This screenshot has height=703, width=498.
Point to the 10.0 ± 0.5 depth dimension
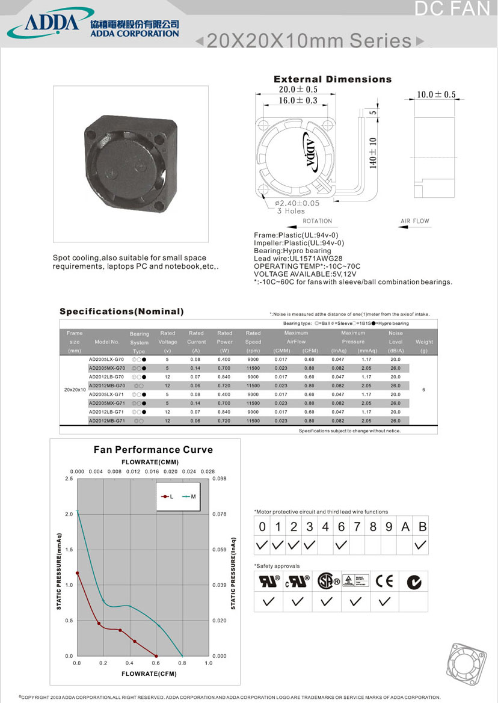click(436, 94)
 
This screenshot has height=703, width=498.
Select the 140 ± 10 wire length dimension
click(373, 153)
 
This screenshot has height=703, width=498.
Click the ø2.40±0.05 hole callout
click(298, 203)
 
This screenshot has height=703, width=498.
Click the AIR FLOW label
click(415, 221)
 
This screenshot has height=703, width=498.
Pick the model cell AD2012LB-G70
click(106, 376)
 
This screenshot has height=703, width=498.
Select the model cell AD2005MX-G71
click(106, 403)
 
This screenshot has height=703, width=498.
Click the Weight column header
click(424, 342)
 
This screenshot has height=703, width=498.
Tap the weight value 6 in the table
click(424, 390)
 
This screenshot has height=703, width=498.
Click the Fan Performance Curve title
click(153, 450)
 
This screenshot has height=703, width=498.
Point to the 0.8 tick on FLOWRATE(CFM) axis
click(182, 663)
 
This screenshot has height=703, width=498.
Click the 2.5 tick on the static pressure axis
click(69, 479)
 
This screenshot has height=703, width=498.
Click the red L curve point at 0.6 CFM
click(156, 655)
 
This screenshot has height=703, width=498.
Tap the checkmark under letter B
click(421, 545)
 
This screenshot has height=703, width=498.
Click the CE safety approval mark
click(384, 581)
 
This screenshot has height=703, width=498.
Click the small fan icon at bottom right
click(469, 664)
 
